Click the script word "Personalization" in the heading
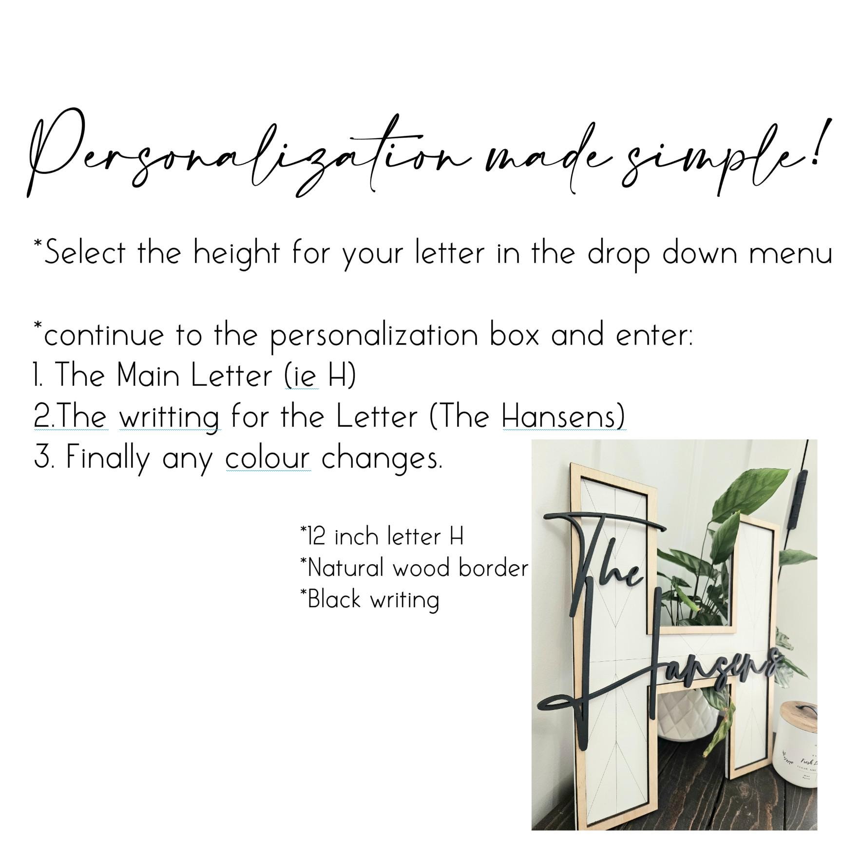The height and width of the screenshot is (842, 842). pyautogui.click(x=249, y=153)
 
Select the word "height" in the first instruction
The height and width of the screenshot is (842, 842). pyautogui.click(x=236, y=253)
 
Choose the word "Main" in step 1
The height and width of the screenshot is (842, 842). pyautogui.click(x=148, y=376)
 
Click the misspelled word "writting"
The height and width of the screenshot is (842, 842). pyautogui.click(x=169, y=418)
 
